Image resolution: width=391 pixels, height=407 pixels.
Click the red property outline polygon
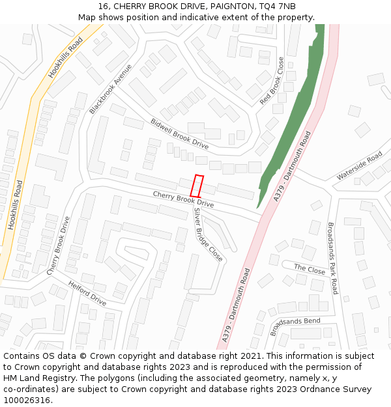[x=197, y=186]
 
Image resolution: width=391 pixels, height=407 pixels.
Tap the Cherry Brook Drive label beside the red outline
[x=183, y=199]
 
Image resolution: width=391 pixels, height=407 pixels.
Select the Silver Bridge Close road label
[x=208, y=235]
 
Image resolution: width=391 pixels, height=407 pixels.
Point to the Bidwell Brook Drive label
[x=179, y=133]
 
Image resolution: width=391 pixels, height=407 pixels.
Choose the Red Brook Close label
[x=272, y=81]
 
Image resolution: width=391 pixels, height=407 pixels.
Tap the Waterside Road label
[x=359, y=166]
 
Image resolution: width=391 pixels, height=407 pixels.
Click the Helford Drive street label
[x=87, y=293]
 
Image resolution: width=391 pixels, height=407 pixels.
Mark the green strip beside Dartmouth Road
[x=297, y=111]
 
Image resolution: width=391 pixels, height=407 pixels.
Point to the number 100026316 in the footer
[x=27, y=400]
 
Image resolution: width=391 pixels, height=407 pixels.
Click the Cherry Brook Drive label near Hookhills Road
[x=58, y=246]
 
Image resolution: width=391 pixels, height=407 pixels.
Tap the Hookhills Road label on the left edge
[x=15, y=204]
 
